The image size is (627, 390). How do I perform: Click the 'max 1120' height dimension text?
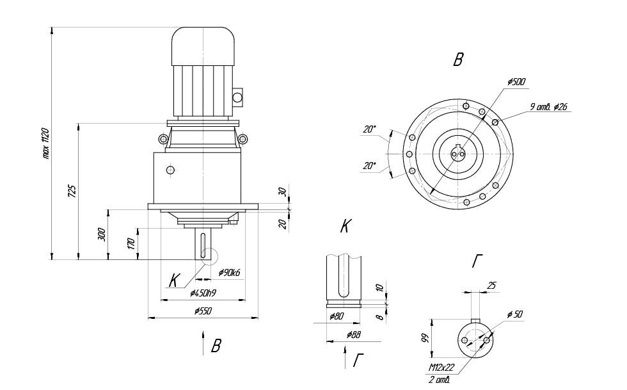point(45,144)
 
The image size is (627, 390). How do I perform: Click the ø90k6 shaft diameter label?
point(228,273)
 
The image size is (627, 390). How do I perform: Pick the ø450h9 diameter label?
point(202,293)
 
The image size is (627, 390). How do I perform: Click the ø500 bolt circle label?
point(516,83)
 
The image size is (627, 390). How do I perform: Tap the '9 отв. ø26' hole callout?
point(549,107)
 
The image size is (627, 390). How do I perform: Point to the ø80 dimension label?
point(337,316)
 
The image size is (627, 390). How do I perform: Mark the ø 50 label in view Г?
point(515,316)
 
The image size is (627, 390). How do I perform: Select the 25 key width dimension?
point(491,286)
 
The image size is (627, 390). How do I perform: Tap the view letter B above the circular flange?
point(457,61)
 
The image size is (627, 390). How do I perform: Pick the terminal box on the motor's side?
point(237,97)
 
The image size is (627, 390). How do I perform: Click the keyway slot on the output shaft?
point(202,245)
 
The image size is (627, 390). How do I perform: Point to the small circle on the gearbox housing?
point(170,170)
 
